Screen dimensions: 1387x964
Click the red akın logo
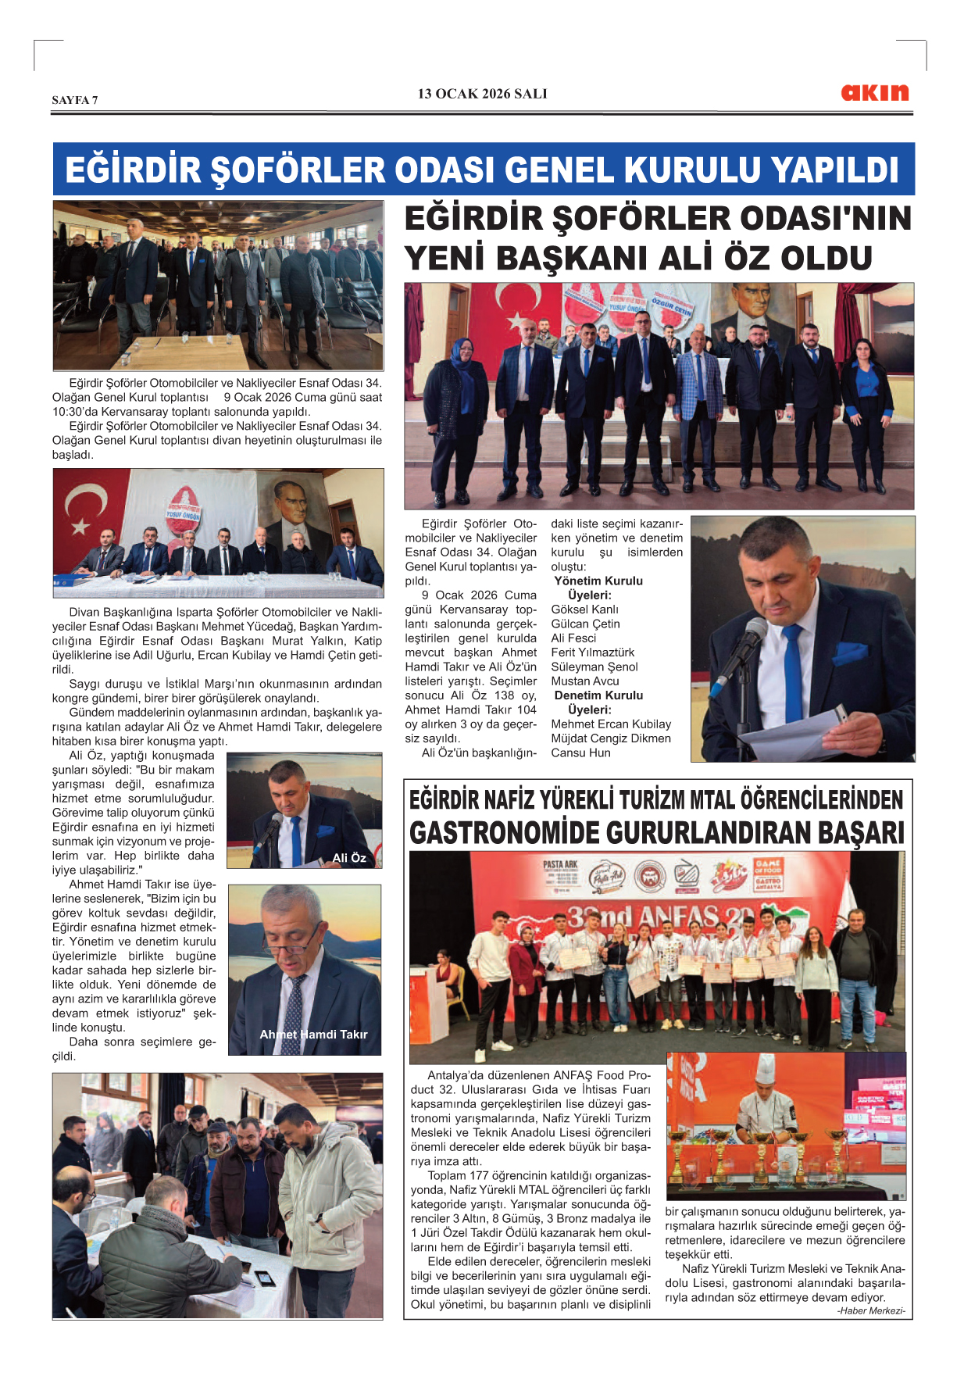[x=874, y=93]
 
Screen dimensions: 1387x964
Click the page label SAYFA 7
[x=75, y=100]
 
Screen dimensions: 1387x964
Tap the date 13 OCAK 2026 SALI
[x=482, y=94]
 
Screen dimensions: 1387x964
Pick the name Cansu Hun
[x=580, y=753]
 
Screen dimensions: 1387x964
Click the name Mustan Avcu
[x=584, y=681]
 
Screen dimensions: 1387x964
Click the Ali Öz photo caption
[x=348, y=858]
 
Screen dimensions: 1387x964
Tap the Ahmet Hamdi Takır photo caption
[x=313, y=1035]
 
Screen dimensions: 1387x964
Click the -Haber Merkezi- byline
[x=871, y=1311]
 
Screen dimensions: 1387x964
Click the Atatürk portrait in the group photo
[x=752, y=306]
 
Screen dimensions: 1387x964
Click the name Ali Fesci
[x=573, y=638]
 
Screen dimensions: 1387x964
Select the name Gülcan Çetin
[x=585, y=624]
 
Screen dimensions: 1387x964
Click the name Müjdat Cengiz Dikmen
[x=610, y=738]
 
